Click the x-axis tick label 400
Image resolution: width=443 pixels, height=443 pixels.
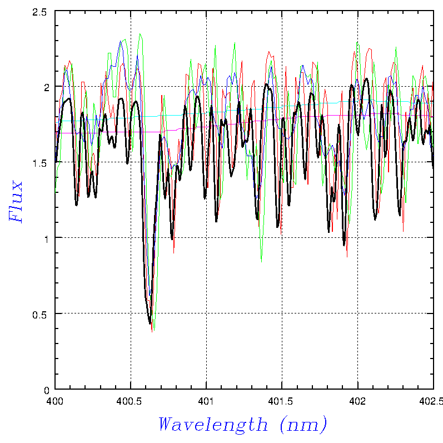pos(54,400)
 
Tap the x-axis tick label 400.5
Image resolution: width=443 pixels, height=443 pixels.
pos(130,400)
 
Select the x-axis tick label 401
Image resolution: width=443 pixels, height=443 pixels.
pos(206,400)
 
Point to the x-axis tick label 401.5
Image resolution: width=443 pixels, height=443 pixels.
pos(282,400)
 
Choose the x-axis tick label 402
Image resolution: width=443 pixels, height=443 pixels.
pos(357,400)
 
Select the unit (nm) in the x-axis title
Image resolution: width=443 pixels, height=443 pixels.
pos(303,425)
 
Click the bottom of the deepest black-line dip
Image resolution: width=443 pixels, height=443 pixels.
pos(150,323)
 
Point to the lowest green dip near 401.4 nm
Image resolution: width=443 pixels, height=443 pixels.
pos(261,262)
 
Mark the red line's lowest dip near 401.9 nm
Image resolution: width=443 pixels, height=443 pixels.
pos(347,257)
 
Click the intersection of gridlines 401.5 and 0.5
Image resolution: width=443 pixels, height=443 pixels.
pos(282,313)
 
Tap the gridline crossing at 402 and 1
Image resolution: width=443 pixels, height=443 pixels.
pos(357,238)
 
